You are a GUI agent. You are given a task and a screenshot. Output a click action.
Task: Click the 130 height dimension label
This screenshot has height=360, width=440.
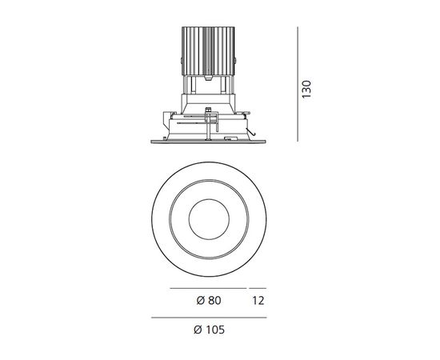[x=306, y=87]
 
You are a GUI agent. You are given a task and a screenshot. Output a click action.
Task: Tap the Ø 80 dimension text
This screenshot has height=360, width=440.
[x=208, y=301]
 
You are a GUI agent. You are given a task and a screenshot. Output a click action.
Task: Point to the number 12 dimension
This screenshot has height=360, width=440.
[x=258, y=301]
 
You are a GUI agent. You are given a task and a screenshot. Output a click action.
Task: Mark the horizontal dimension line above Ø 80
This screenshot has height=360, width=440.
[x=208, y=287]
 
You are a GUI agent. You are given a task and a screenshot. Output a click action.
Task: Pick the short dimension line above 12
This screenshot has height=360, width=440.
[x=258, y=287]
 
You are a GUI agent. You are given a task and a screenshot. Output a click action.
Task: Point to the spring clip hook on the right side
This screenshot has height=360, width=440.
[x=250, y=132]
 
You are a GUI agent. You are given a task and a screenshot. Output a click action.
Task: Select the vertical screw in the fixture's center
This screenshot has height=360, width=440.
[x=213, y=120]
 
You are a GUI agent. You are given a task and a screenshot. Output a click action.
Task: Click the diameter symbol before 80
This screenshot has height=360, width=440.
[x=198, y=301]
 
